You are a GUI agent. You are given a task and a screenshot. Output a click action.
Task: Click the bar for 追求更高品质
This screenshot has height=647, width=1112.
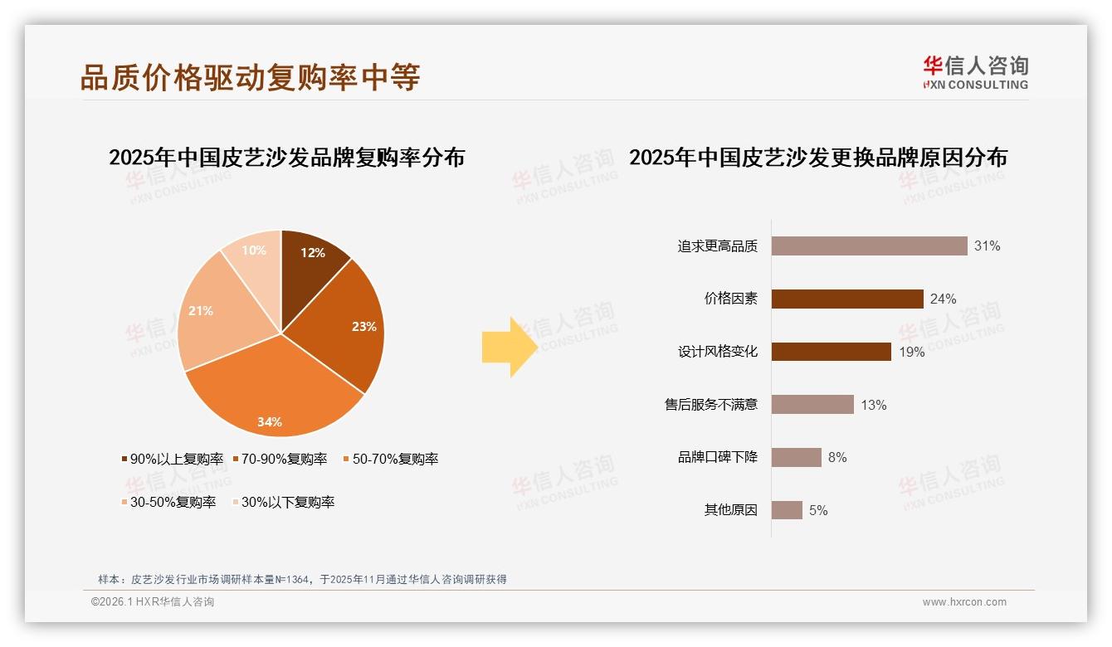[x=869, y=246]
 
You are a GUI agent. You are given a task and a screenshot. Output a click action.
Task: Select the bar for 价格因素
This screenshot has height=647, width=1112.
[x=847, y=299]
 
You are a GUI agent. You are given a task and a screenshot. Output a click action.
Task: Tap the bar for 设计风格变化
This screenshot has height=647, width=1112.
[x=831, y=352]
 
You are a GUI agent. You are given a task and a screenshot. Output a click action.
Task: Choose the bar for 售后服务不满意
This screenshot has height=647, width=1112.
[x=812, y=405]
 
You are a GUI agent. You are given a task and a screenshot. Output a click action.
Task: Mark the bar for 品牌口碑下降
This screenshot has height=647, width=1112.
[x=796, y=457]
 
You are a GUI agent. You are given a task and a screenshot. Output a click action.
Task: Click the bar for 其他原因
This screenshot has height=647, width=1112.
[x=787, y=510]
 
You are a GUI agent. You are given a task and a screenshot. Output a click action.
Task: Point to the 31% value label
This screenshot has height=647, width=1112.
[x=988, y=246]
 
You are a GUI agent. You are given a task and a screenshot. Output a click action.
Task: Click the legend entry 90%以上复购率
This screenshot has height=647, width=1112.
[x=173, y=459]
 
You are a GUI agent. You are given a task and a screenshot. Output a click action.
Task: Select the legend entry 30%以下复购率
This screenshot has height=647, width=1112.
[x=283, y=502]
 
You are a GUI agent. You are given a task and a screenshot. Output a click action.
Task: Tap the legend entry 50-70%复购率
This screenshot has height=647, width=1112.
[x=391, y=459]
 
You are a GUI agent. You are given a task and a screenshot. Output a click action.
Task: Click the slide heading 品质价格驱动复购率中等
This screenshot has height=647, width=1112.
[x=250, y=77]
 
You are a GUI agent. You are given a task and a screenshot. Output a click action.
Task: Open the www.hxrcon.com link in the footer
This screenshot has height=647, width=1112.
[x=964, y=602]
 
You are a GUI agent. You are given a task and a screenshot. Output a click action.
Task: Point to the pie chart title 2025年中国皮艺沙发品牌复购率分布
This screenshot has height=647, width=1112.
[x=286, y=157]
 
